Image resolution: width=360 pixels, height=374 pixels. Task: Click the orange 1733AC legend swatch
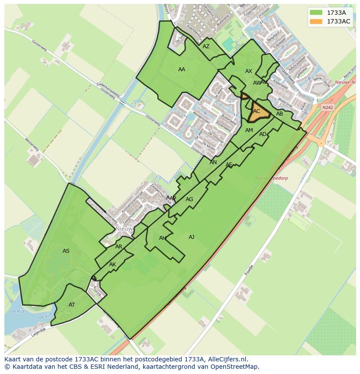pos(317,21)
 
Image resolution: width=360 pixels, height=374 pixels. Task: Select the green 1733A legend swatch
pos(317,13)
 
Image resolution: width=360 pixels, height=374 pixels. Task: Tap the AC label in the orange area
pos(257,111)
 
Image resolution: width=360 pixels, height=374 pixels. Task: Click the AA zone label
pos(182,70)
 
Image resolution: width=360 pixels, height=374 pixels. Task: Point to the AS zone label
pos(66,251)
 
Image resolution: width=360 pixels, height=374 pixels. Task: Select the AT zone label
pos(72,305)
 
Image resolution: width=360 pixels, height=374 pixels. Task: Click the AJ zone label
pos(191,237)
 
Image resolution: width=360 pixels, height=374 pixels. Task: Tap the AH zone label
pos(163,238)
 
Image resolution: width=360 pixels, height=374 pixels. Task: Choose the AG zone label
pos(189,199)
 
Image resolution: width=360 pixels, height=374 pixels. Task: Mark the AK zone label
pos(113,265)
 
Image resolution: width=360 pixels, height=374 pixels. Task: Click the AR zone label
pos(119,247)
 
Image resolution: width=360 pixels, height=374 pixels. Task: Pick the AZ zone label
pos(206,46)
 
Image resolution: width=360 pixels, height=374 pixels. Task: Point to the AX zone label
pos(249,71)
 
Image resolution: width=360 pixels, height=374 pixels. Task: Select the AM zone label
pos(249,130)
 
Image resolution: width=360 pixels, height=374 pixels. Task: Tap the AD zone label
pos(263,134)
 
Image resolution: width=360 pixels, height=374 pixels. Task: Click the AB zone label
pos(280,114)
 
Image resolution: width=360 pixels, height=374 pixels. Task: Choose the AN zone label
pos(213,162)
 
